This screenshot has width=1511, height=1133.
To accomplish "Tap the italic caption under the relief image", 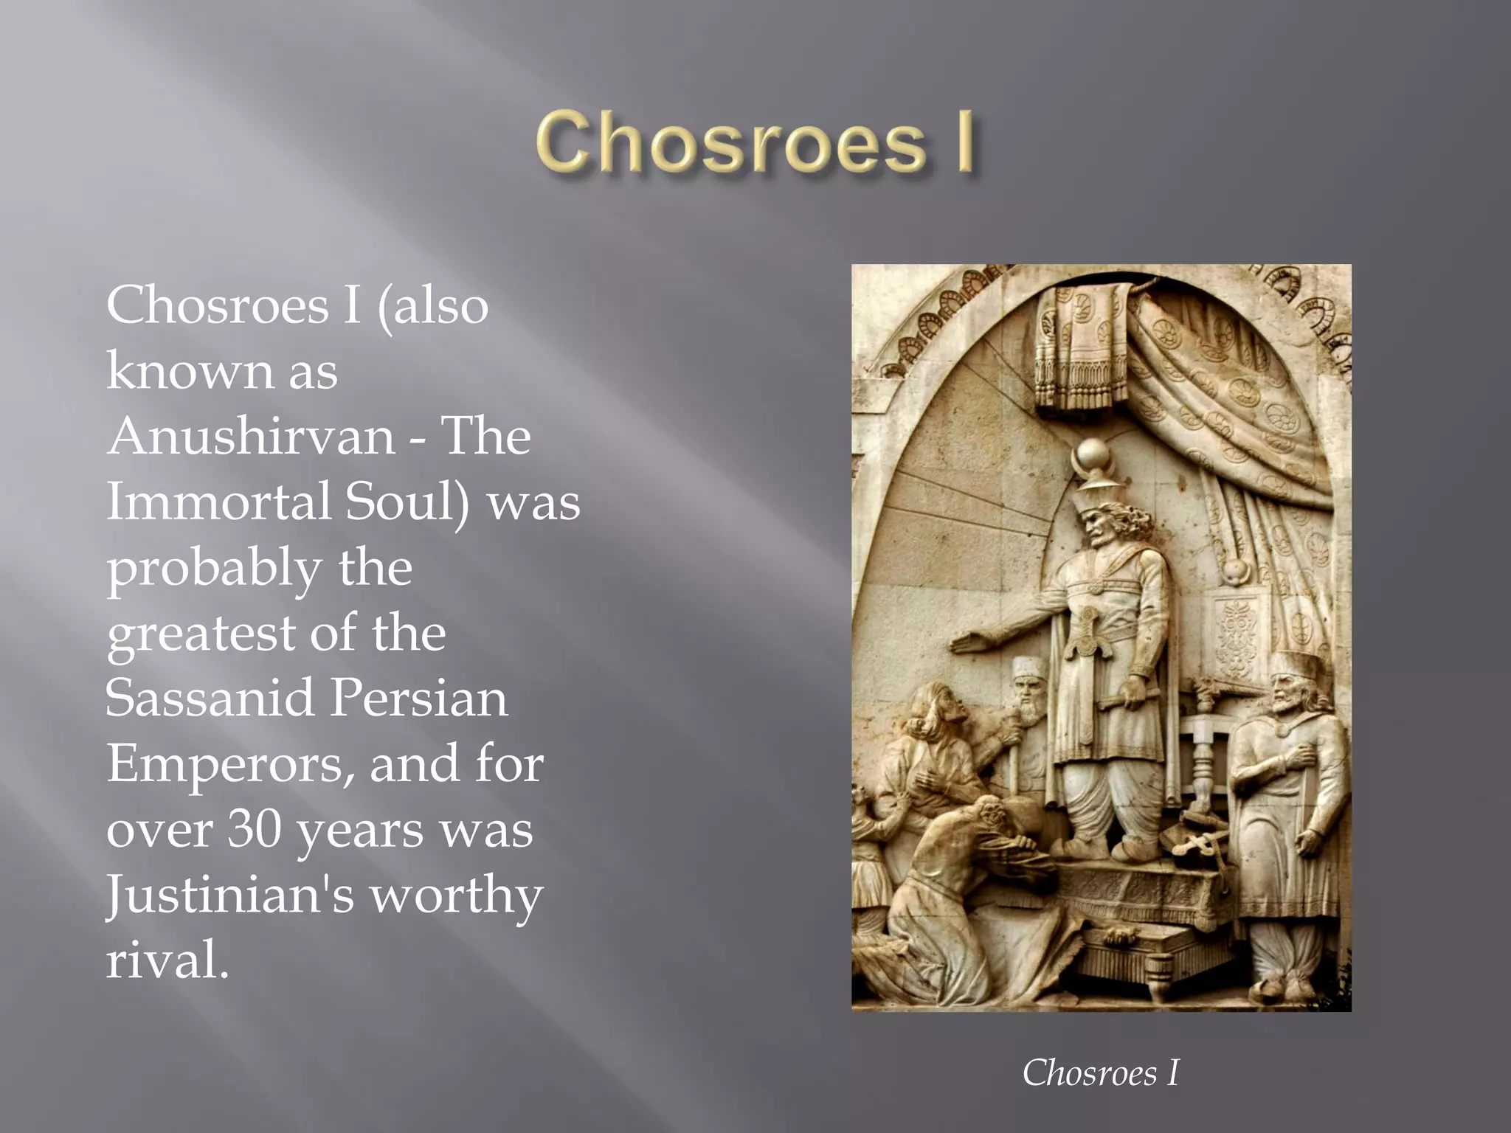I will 1100,1073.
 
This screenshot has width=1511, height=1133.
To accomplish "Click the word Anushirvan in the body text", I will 252,436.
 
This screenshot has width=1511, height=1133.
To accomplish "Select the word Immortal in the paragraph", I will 218,502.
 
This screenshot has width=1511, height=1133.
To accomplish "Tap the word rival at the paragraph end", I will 167,960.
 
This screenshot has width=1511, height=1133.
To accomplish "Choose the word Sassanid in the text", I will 210,698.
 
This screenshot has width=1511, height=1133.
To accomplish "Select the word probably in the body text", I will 214,569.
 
